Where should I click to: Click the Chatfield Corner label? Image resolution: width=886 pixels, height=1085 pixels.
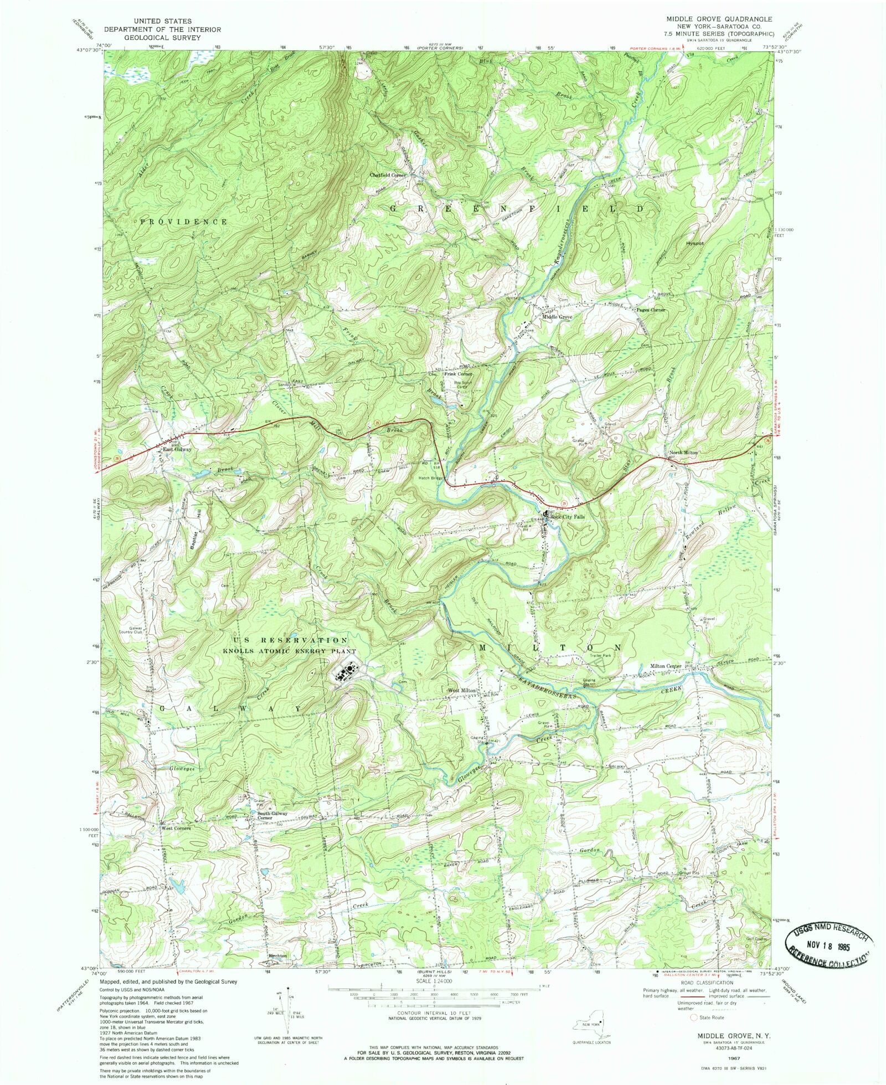click(388, 175)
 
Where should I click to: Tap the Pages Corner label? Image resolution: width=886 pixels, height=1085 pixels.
click(651, 310)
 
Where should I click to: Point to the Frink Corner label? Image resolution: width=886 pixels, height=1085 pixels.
click(458, 374)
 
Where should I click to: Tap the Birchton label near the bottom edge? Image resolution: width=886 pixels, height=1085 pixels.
click(277, 956)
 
